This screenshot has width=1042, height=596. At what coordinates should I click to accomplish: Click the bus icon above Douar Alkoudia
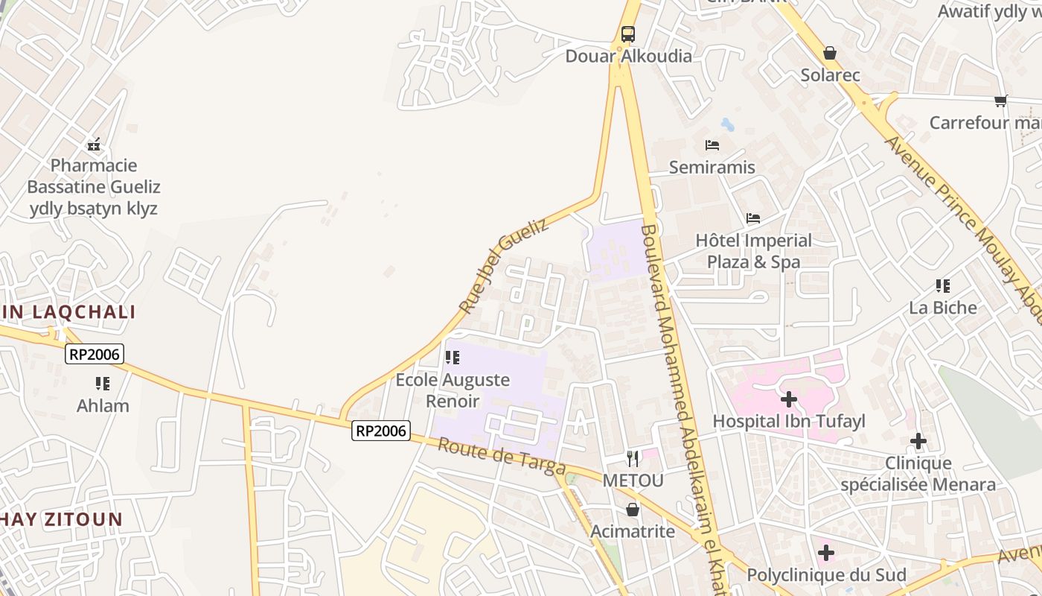(x=628, y=34)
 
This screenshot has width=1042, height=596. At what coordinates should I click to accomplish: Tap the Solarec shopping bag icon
(x=830, y=53)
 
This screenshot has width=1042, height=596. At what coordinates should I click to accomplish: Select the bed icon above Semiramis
(x=712, y=145)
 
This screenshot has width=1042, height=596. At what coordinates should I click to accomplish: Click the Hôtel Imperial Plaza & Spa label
(x=753, y=251)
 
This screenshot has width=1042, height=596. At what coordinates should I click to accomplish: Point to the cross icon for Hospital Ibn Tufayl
(x=788, y=399)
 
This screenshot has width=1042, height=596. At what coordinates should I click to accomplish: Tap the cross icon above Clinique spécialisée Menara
(x=918, y=441)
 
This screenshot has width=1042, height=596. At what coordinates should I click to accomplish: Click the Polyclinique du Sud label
(x=826, y=575)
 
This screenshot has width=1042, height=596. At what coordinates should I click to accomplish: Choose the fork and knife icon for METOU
(x=633, y=458)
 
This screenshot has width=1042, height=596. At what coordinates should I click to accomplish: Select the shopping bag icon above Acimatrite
(x=633, y=510)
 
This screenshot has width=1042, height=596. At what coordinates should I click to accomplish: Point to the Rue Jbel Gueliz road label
(x=503, y=265)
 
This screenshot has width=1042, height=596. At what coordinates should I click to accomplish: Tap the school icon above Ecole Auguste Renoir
(x=452, y=358)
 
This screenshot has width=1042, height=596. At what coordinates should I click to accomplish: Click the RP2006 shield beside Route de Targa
(x=381, y=431)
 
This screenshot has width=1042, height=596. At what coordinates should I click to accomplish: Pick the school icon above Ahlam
(x=103, y=384)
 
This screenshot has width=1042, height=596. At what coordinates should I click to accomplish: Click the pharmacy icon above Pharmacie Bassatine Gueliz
(x=94, y=145)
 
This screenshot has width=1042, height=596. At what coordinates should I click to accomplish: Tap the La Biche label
(x=943, y=308)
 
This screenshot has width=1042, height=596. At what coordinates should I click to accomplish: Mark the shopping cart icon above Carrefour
(x=1001, y=101)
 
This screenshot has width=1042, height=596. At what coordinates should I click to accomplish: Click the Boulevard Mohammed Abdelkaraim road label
(x=680, y=402)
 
